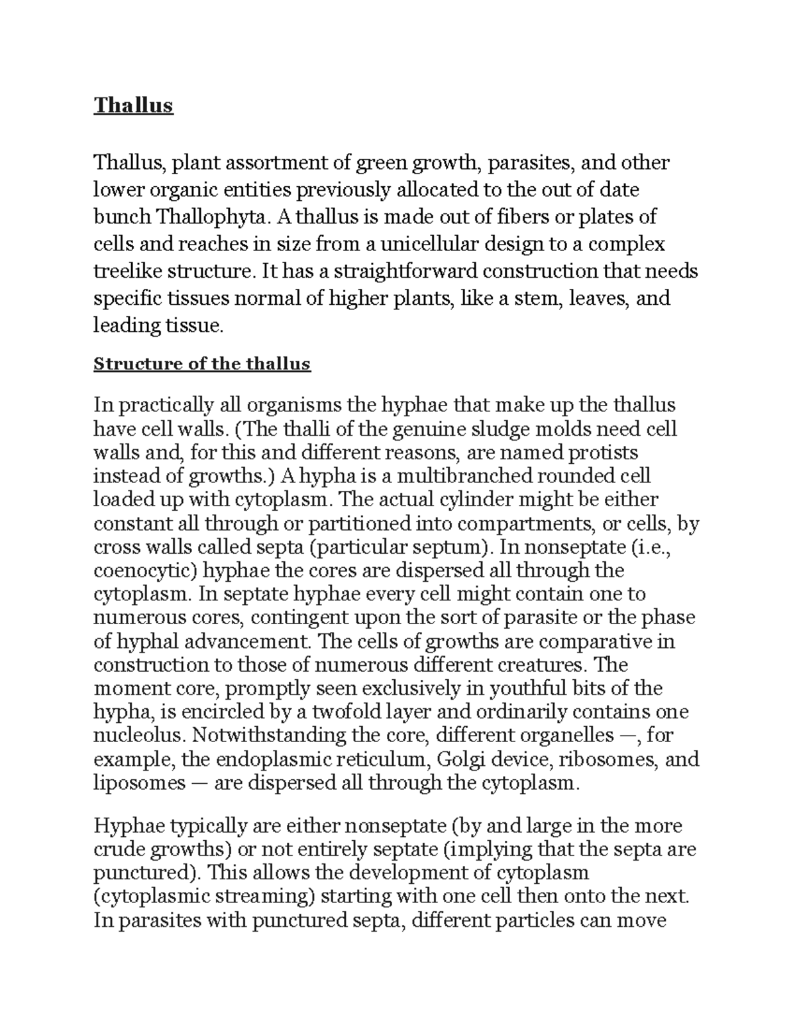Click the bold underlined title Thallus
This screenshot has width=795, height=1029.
click(133, 105)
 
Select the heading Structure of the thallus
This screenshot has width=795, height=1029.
click(202, 364)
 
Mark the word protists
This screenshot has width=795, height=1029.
click(602, 453)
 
